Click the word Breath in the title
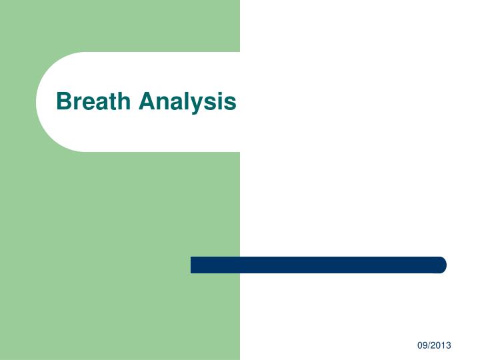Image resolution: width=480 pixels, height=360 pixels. click(x=94, y=101)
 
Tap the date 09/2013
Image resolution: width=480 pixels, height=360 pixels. click(x=434, y=345)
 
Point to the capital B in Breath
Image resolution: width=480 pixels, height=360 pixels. click(x=64, y=101)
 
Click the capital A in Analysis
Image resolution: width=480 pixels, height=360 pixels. click(x=147, y=101)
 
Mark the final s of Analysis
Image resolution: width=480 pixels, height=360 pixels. click(x=231, y=103)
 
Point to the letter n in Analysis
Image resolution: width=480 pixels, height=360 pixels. click(x=162, y=103)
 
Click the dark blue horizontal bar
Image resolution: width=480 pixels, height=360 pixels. click(x=318, y=265)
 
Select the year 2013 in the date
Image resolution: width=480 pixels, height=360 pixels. click(x=441, y=345)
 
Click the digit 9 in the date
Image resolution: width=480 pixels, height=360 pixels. click(x=424, y=345)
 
